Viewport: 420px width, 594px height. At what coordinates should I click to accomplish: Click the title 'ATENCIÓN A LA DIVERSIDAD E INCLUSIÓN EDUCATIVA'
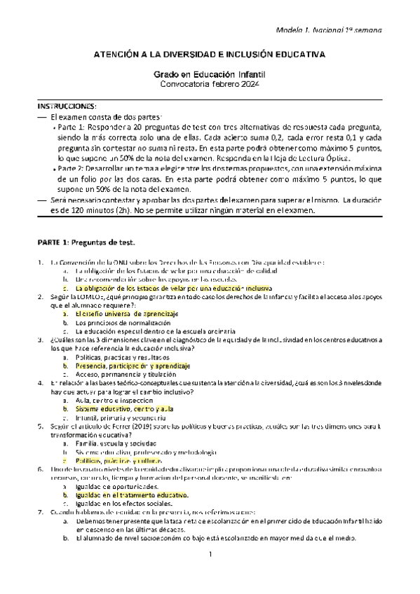point(210,53)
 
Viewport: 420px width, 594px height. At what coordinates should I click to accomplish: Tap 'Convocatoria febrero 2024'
point(210,85)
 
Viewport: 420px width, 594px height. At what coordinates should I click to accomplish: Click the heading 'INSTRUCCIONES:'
point(67,105)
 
